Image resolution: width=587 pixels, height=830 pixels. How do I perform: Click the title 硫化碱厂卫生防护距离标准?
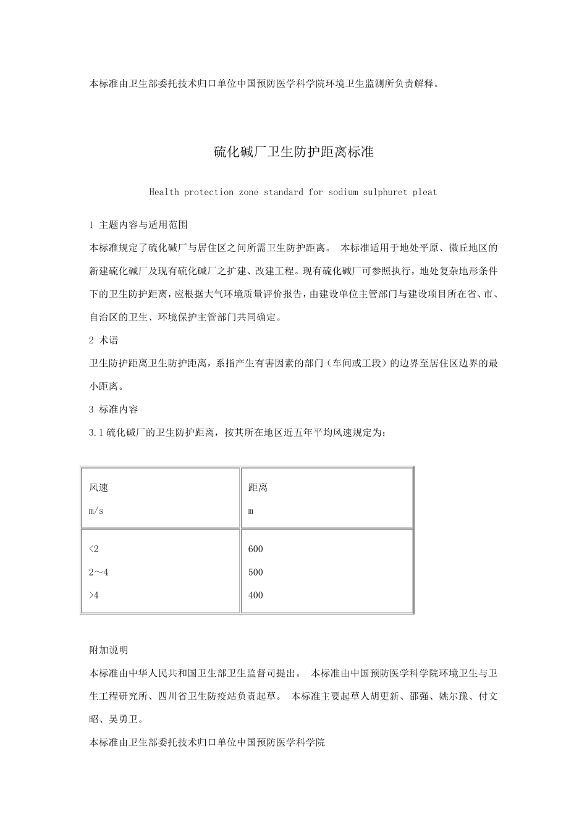coord(293,152)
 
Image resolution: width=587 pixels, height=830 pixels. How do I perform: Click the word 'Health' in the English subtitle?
coord(164,192)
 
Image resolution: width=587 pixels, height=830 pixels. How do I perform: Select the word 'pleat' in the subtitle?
coord(424,192)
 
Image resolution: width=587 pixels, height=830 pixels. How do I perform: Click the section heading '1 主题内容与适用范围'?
coord(138,225)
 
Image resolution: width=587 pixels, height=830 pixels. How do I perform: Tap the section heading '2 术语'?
coord(104,340)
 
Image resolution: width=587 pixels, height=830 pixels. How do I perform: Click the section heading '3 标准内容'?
coord(114,409)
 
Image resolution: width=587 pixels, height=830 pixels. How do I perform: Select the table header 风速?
coord(99,488)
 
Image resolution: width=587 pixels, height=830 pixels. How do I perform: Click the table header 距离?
coord(258,488)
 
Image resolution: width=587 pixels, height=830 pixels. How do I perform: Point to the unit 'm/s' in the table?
coord(96,511)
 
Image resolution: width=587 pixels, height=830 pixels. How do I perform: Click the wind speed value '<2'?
coord(93,549)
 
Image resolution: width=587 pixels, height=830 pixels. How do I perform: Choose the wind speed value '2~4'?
coord(99,572)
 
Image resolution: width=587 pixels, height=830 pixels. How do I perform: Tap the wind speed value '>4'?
coord(93,595)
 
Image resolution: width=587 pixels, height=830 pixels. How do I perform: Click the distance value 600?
coord(256,549)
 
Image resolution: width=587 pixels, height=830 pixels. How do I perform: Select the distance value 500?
coord(256,572)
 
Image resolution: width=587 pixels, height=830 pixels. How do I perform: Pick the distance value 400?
coord(256,595)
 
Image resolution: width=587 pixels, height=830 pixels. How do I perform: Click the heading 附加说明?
coord(109,650)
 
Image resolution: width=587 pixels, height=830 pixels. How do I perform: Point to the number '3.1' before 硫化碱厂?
coord(97,432)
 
